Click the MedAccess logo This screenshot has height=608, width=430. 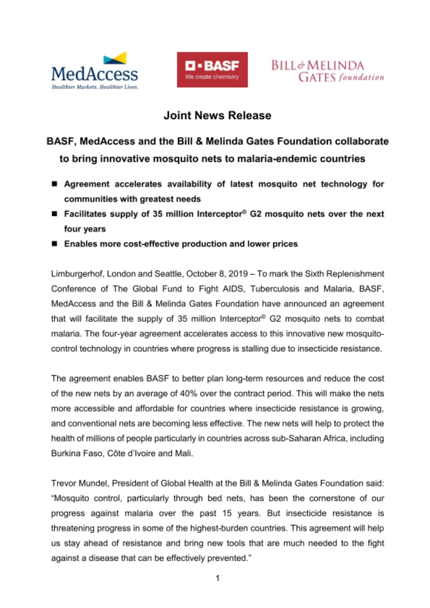[95, 71]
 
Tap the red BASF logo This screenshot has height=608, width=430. [212, 70]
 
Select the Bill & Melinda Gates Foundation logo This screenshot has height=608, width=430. [327, 71]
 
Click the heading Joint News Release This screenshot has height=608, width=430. [217, 116]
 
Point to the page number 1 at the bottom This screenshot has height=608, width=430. [217, 578]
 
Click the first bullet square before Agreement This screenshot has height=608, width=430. [54, 184]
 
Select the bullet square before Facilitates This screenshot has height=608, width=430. [54, 214]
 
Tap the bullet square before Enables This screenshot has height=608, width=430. [54, 244]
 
